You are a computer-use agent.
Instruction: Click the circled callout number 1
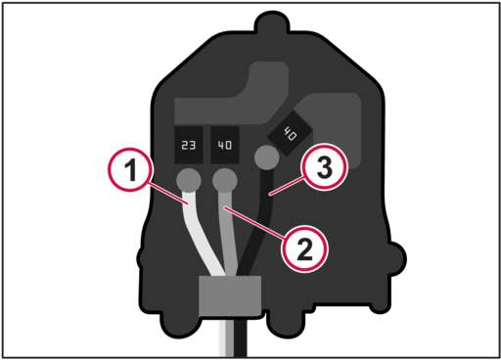click(x=130, y=169)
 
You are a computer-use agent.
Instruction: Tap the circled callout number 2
click(x=304, y=248)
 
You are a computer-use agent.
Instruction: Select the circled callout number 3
click(x=324, y=166)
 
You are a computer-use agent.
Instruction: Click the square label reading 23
click(x=189, y=145)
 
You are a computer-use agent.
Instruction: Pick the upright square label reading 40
click(x=225, y=145)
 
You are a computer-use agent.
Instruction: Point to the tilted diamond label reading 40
click(x=290, y=133)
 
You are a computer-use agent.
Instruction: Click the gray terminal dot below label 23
click(x=189, y=180)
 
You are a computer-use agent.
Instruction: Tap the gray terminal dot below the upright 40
click(x=225, y=180)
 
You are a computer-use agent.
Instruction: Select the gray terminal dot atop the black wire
click(x=266, y=157)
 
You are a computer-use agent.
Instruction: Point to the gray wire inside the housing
click(x=228, y=235)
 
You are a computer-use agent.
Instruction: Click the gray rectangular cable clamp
click(x=230, y=295)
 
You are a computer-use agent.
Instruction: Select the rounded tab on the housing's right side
click(x=396, y=259)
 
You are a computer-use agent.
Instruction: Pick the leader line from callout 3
click(x=287, y=185)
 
